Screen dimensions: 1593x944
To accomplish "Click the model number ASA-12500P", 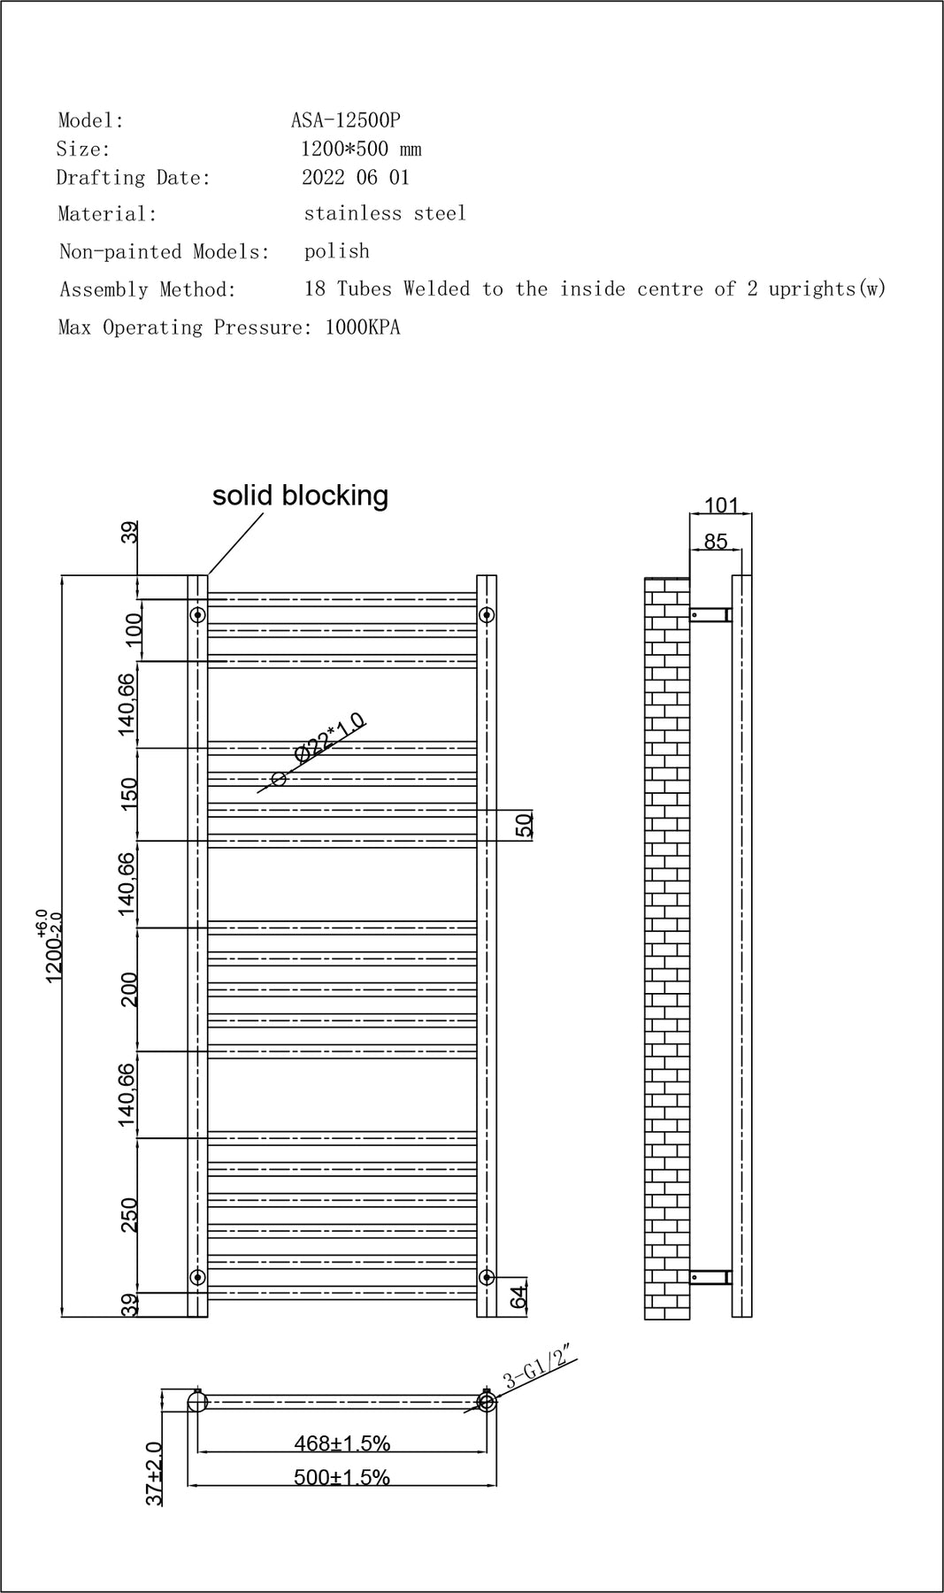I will [345, 119].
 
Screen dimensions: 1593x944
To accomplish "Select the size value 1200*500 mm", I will [361, 149].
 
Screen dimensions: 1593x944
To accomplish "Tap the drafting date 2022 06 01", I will [356, 177].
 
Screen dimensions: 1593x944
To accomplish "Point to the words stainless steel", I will [384, 213].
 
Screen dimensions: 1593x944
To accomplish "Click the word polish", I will [336, 251].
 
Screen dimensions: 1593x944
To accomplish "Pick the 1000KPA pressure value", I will [363, 327].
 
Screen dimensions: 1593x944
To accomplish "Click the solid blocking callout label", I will [300, 495].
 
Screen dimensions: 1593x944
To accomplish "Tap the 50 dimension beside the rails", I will [524, 825].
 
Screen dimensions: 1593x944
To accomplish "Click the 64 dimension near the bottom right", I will [519, 1297].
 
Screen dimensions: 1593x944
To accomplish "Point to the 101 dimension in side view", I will [721, 505].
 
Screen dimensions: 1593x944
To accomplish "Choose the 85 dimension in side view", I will [715, 541].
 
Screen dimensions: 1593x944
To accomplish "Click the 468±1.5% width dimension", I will [342, 1443].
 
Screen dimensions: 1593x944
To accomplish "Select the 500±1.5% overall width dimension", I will [342, 1477].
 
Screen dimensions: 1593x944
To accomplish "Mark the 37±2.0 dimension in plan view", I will [155, 1474].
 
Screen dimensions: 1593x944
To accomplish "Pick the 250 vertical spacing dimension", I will [130, 1214].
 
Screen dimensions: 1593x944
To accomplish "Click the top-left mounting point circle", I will [198, 614].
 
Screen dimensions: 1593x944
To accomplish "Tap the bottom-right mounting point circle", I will [486, 1276].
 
